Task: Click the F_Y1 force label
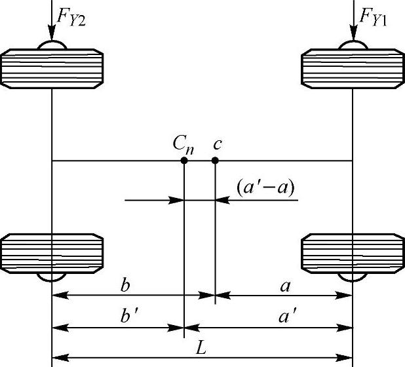(375, 18)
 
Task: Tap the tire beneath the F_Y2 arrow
(52, 68)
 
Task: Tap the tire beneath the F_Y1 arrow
(353, 68)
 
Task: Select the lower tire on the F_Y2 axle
(52, 252)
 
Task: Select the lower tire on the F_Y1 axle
(353, 252)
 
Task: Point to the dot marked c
(215, 160)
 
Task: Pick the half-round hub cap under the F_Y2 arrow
(52, 45)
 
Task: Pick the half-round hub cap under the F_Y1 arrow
(353, 45)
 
